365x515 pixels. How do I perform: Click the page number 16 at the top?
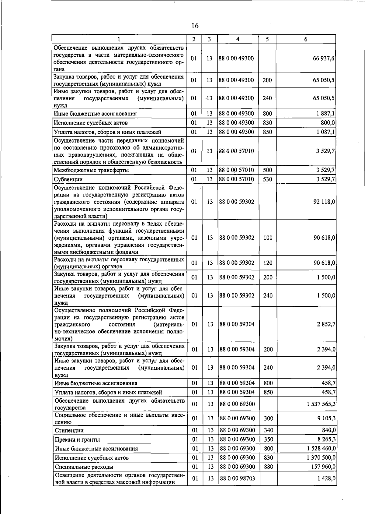(x=195, y=26)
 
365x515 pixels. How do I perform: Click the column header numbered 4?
(x=238, y=39)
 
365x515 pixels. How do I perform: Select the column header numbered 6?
(x=306, y=39)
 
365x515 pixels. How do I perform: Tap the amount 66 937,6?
(x=324, y=58)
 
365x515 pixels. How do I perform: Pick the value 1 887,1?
(x=326, y=114)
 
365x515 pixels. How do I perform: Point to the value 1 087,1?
(x=326, y=132)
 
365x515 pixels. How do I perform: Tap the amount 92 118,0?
(x=325, y=202)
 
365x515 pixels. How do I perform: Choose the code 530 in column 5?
(x=268, y=179)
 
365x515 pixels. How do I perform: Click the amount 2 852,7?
(x=326, y=324)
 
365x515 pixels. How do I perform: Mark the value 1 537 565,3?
(x=321, y=404)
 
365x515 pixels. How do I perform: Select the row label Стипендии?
(x=69, y=430)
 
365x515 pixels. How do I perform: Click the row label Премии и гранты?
(x=77, y=439)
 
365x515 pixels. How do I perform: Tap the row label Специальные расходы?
(x=84, y=467)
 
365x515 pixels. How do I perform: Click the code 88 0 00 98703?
(x=237, y=478)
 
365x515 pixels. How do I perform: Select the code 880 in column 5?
(x=268, y=467)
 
